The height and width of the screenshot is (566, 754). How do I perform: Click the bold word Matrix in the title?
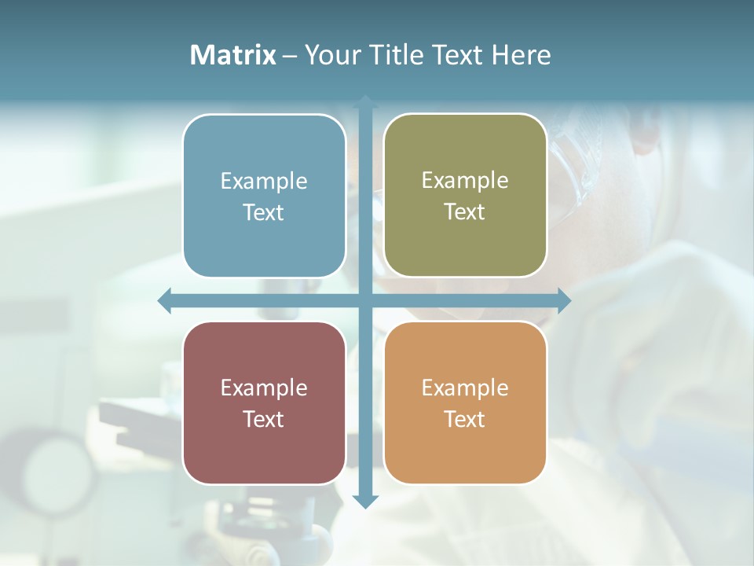click(233, 55)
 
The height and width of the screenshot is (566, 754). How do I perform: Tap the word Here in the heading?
click(521, 55)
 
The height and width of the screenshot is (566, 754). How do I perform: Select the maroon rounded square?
click(264, 448)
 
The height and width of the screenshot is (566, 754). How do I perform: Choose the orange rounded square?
click(465, 448)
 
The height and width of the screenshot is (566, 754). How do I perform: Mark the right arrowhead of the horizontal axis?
click(564, 300)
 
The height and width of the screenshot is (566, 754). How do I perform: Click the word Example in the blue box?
click(264, 182)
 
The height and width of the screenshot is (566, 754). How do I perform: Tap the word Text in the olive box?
click(465, 212)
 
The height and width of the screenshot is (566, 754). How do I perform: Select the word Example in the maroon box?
click(264, 388)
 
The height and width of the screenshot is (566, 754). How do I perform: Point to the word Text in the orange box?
click(465, 419)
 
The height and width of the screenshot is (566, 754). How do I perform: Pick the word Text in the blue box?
click(264, 213)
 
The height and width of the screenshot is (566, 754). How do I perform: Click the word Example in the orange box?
click(465, 388)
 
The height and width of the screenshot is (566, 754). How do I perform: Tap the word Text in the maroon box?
click(264, 419)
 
